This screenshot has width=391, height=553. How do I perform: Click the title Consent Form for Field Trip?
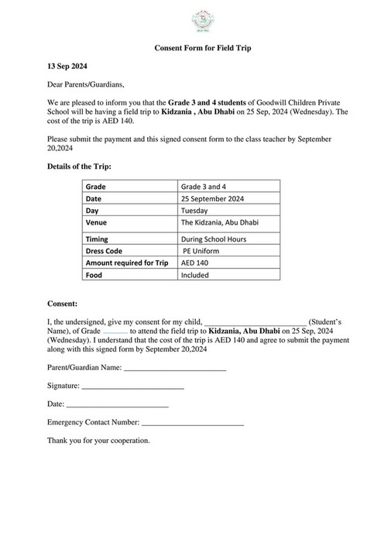(195, 48)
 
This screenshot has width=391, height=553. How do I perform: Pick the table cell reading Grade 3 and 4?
(204, 187)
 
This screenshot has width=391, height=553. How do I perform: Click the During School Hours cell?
(214, 239)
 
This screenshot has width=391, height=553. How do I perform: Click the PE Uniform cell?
(204, 251)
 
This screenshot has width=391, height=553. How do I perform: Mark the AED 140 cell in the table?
(196, 263)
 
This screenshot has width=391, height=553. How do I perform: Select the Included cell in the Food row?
(195, 274)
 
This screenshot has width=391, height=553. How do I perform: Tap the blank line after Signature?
(132, 385)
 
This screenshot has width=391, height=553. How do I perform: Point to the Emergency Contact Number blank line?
(193, 422)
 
